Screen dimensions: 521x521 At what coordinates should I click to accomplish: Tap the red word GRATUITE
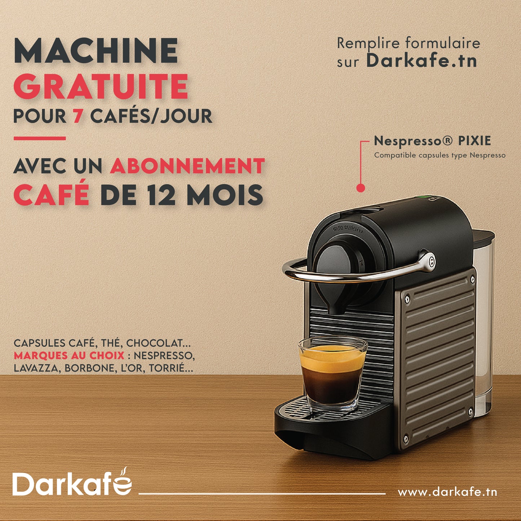pos(101,87)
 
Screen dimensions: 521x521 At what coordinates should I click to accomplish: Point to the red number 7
pos(78,116)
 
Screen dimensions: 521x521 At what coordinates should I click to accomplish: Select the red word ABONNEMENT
pos(187,166)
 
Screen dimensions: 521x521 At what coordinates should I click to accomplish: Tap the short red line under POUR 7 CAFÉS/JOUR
pos(40,138)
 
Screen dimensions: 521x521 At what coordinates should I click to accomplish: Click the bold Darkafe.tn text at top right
pos(421,61)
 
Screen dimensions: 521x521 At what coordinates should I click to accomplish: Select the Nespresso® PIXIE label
pos(432,141)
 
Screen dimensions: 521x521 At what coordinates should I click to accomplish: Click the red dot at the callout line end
pos(361,188)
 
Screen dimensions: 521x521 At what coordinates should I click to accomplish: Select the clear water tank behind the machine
pos(485,324)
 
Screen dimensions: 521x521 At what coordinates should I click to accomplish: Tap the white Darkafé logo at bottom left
pos(72,483)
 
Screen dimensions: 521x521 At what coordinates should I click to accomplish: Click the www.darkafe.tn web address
pos(447,492)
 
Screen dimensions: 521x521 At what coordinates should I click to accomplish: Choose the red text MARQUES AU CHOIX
pos(69,356)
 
